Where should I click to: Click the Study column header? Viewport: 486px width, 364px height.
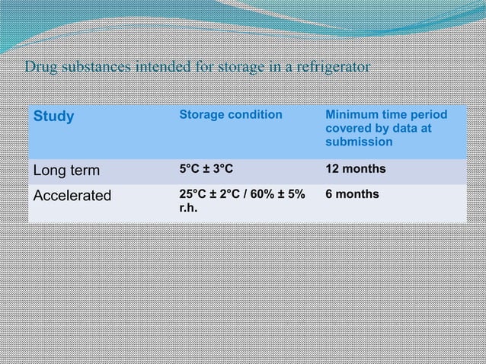point(53,117)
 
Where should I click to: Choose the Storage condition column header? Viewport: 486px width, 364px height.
point(230,115)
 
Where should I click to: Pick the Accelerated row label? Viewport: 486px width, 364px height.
point(71,195)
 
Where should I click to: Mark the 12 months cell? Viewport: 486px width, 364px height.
point(355,168)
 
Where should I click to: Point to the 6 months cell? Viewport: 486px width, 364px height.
point(352,194)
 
